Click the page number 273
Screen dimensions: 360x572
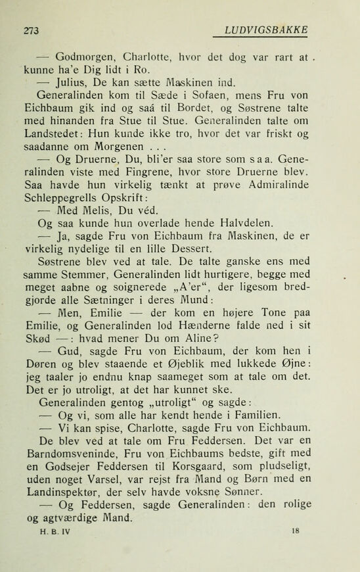(x=31, y=30)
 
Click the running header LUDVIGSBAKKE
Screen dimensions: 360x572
(x=266, y=30)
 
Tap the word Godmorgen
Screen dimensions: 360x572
(x=85, y=55)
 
